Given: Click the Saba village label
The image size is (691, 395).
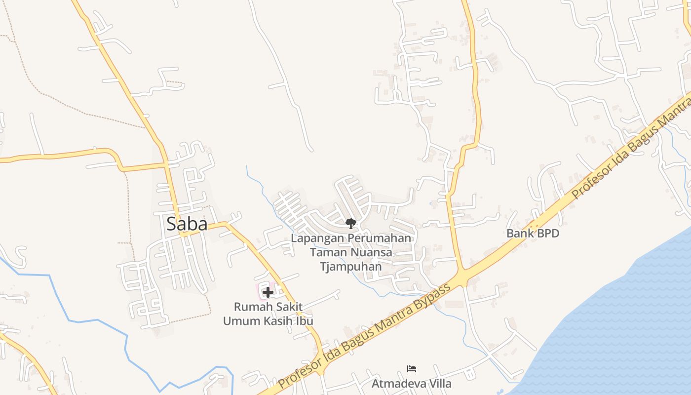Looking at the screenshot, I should [x=187, y=224].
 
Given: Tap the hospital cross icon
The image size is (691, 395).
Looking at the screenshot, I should [x=268, y=292].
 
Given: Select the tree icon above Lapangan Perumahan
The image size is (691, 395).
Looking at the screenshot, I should [x=350, y=224].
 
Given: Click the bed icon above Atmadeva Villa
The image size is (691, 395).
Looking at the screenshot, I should [x=412, y=368].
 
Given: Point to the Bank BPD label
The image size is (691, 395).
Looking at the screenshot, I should [x=533, y=233].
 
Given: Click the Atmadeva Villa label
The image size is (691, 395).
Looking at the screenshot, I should [x=411, y=383].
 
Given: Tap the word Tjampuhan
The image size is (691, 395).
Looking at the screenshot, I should [x=350, y=267].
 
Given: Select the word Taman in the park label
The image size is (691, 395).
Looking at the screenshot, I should [x=326, y=252].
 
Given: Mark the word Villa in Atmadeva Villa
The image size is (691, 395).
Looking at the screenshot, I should [x=439, y=383].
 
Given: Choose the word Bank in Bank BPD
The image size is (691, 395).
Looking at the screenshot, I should [x=518, y=233].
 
